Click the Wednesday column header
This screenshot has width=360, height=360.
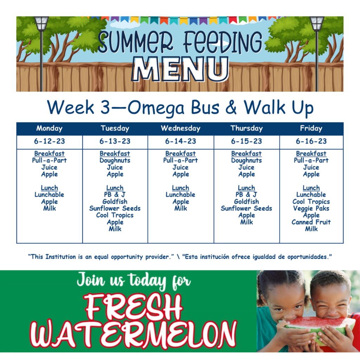pyautogui.click(x=180, y=128)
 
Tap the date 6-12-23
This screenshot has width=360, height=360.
pyautogui.click(x=49, y=141)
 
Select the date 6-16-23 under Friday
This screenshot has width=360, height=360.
pyautogui.click(x=311, y=141)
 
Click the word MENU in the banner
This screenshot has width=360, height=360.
pyautogui.click(x=180, y=69)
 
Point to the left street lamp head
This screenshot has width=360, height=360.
pyautogui.click(x=41, y=24)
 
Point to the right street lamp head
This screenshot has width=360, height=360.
pyautogui.click(x=317, y=24)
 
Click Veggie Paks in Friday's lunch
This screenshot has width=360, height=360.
pyautogui.click(x=311, y=208)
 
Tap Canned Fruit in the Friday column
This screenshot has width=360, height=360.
pyautogui.click(x=311, y=222)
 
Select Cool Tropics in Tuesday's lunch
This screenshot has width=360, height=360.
pyautogui.click(x=115, y=216)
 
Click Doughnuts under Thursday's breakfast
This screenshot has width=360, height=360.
pyautogui.click(x=246, y=160)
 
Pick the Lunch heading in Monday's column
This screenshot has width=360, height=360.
pyautogui.click(x=49, y=188)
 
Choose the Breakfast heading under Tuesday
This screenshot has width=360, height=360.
pyautogui.click(x=115, y=154)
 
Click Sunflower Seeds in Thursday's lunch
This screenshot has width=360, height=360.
pyautogui.click(x=246, y=208)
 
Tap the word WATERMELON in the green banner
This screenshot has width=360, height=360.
pyautogui.click(x=134, y=334)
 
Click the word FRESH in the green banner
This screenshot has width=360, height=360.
pyautogui.click(x=134, y=307)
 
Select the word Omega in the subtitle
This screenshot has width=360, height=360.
pyautogui.click(x=156, y=108)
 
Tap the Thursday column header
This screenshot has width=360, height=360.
pyautogui.click(x=246, y=128)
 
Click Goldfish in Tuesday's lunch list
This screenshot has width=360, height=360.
pyautogui.click(x=115, y=201)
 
